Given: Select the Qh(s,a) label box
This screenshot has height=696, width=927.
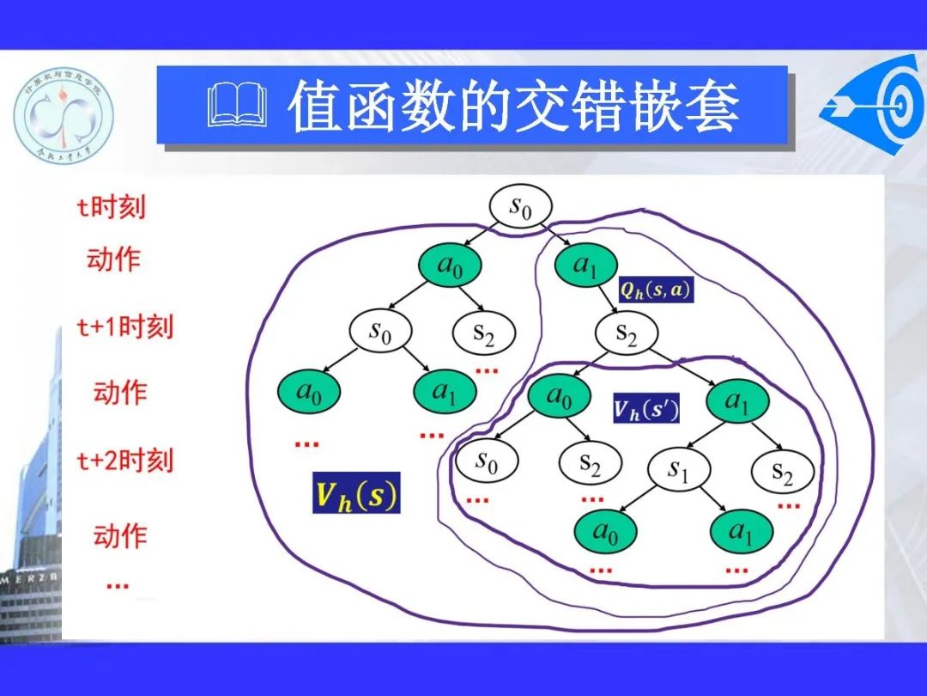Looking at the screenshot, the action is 655,290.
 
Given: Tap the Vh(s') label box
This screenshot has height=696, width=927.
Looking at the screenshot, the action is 646,409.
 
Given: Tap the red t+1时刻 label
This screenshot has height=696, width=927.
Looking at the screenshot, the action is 124,327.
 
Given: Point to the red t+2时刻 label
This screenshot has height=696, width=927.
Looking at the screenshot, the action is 124,461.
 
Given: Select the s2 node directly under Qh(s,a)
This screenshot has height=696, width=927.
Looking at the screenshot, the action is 626,333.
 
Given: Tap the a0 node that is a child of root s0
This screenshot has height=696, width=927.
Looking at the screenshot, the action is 450,266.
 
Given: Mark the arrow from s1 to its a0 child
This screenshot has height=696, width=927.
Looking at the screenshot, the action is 645,500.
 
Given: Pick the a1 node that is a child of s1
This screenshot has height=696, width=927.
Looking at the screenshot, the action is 742,534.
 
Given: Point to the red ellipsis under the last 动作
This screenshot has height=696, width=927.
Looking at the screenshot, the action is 118,585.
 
